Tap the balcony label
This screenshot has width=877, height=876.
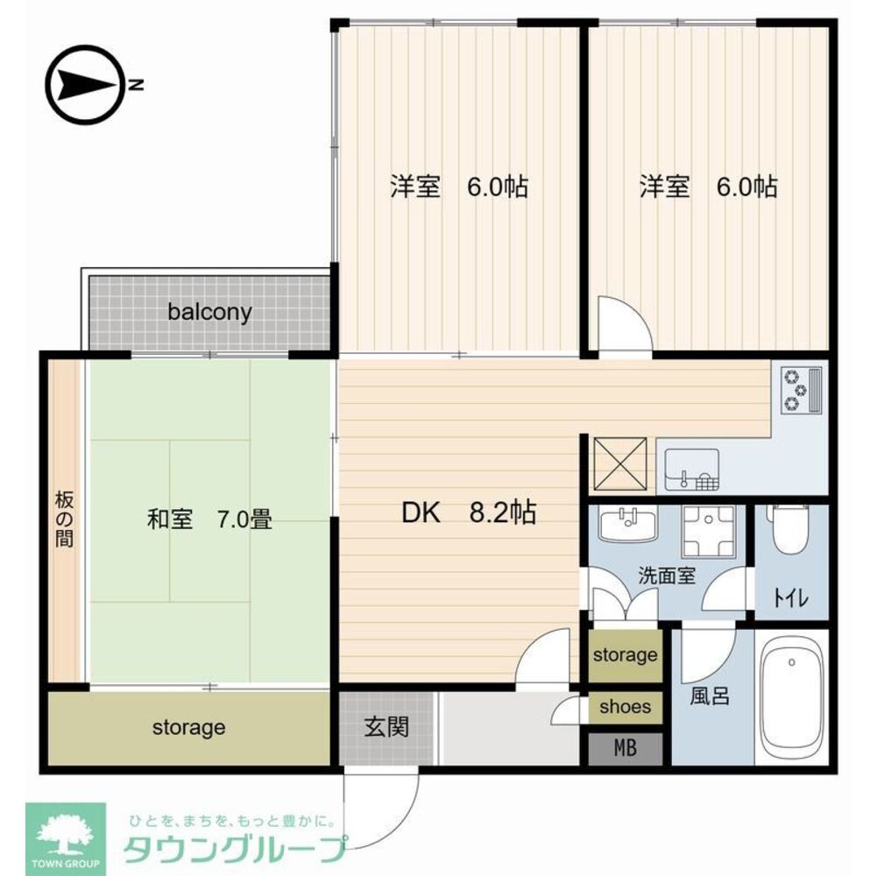(210, 312)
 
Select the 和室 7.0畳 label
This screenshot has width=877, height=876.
(209, 520)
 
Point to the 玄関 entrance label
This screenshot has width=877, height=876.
(386, 726)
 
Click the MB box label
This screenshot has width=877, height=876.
(625, 748)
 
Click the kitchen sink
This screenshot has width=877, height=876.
(691, 470)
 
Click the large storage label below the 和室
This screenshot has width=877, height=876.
(189, 727)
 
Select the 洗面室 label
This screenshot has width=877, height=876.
(666, 576)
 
